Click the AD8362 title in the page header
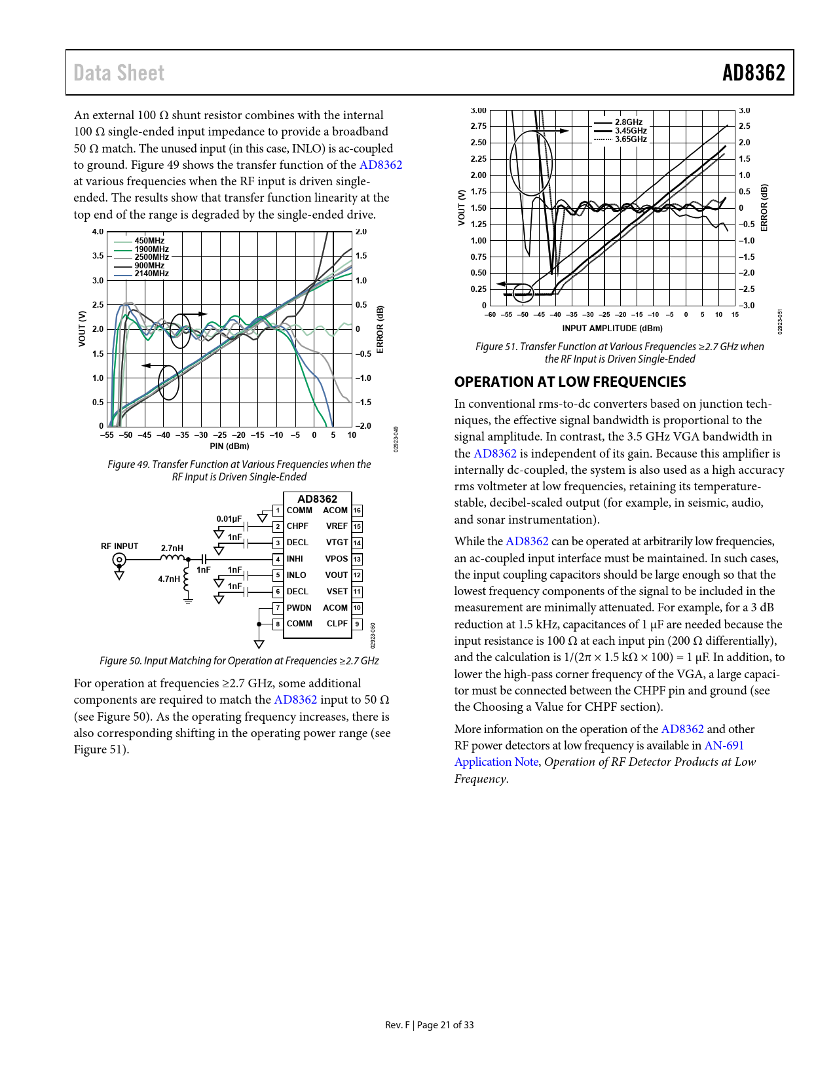coord(753,73)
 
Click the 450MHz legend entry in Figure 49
coord(149,241)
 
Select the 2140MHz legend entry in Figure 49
coord(151,274)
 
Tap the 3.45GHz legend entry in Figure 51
coord(630,131)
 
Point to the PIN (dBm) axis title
coord(229,446)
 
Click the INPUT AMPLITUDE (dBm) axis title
coord(612,329)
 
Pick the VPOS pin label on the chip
coord(337,559)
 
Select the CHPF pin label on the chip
coord(297,526)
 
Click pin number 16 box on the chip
coord(357,511)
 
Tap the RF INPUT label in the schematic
coord(119,547)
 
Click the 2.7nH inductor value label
coord(172,549)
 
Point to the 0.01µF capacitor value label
coord(229,519)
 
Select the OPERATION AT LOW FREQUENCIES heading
coord(570,382)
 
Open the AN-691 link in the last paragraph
coord(724,746)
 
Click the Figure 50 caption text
coord(239,661)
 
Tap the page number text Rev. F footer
coord(429,1025)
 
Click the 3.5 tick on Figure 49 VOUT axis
coord(98,256)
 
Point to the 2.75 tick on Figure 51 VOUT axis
coord(478,126)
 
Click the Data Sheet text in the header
coord(119,73)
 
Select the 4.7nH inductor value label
coord(169,579)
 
